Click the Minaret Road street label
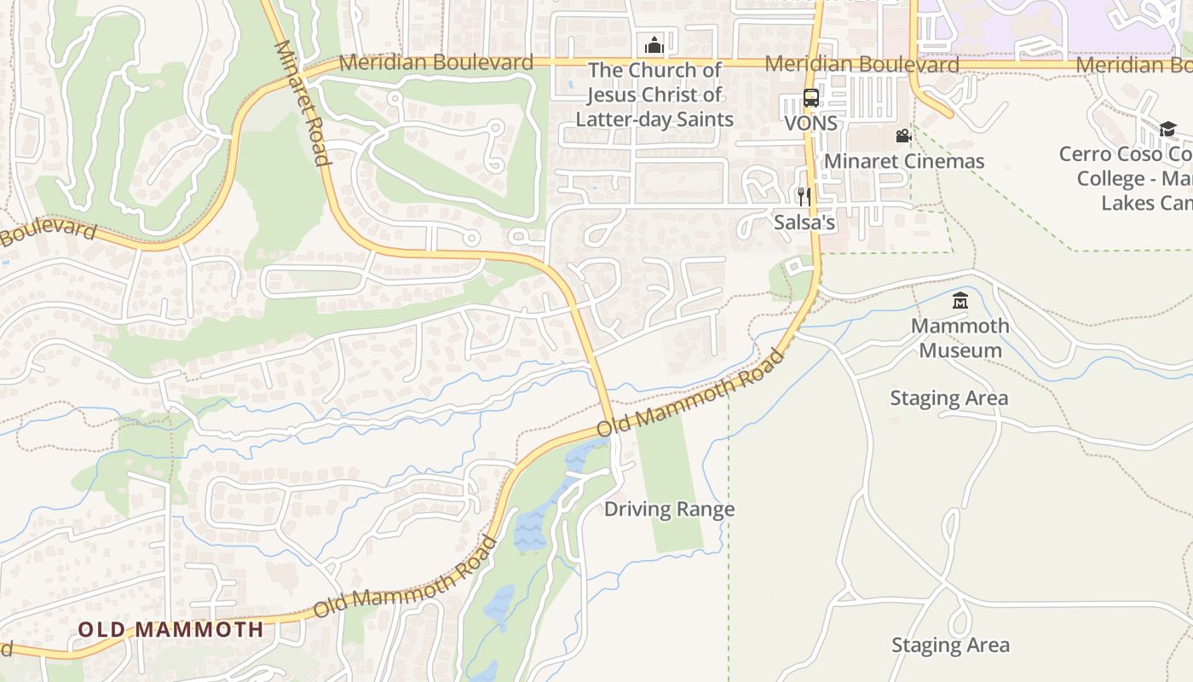coord(302,102)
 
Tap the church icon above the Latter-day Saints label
coord(654,45)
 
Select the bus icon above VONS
coord(810,98)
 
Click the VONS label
coord(810,123)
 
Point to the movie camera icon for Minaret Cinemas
coord(903,136)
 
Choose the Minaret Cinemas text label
coord(903,161)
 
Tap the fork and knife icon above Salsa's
coord(804,198)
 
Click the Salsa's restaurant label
coord(804,223)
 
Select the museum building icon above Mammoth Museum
coord(960,300)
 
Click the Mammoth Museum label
coord(960,338)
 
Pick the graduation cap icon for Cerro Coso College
coord(1167,129)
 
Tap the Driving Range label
coord(669,510)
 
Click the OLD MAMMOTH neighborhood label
coord(170,630)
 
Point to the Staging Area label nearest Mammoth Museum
coord(948,398)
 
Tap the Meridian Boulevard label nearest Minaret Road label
coord(436,62)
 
